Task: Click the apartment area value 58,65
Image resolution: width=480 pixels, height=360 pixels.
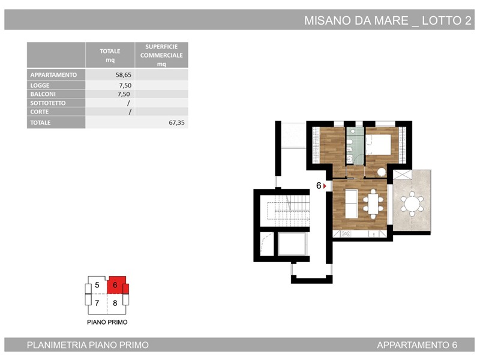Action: (x=124, y=75)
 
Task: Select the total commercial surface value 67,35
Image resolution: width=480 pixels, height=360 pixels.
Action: (x=176, y=123)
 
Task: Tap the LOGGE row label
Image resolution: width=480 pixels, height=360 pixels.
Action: (x=40, y=85)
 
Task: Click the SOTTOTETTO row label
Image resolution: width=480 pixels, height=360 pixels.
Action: (x=48, y=103)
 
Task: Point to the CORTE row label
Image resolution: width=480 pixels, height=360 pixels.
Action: (x=39, y=112)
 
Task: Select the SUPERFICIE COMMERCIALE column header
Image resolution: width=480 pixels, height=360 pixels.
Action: (x=161, y=55)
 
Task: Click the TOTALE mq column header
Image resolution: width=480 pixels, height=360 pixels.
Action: (x=110, y=55)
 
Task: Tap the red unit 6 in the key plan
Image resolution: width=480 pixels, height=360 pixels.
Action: (x=116, y=285)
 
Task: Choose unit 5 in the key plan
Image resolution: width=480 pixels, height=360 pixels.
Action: (x=97, y=286)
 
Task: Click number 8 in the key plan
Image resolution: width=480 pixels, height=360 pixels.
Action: (x=115, y=303)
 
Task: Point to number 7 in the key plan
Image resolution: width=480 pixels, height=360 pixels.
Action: (x=97, y=303)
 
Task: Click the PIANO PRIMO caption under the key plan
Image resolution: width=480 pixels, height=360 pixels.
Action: (x=107, y=322)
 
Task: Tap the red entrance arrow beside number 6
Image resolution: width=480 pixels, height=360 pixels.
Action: (x=325, y=186)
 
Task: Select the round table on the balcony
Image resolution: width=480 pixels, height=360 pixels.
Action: (x=412, y=203)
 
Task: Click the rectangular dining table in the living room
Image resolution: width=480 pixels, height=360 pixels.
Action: (x=373, y=204)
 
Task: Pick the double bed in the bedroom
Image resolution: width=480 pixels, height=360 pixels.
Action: (x=379, y=145)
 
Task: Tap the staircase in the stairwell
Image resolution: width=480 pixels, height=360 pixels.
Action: (x=288, y=211)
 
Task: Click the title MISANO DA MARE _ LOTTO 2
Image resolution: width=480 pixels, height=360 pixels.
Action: (x=388, y=20)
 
